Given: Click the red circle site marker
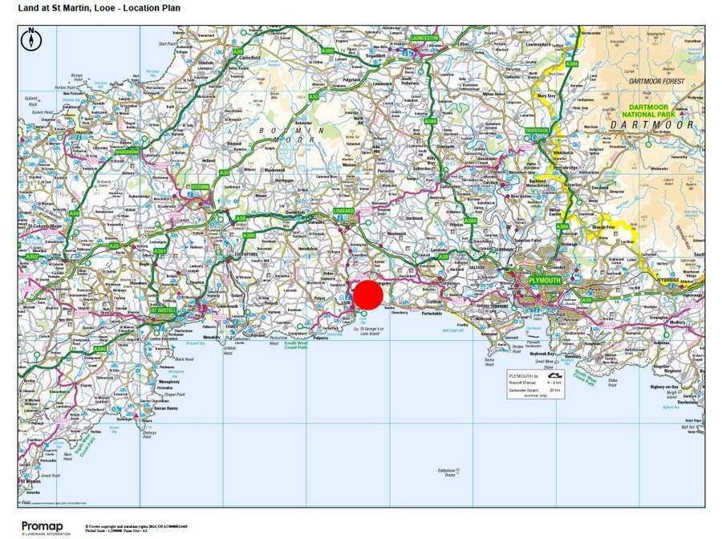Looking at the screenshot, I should click(368, 295).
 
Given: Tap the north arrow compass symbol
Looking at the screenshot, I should click(30, 37).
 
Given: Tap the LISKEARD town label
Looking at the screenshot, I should click(343, 211).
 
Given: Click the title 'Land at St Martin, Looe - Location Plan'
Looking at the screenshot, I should click(99, 9).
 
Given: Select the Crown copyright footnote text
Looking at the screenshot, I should click(140, 527).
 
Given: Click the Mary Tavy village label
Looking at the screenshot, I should click(546, 96).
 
